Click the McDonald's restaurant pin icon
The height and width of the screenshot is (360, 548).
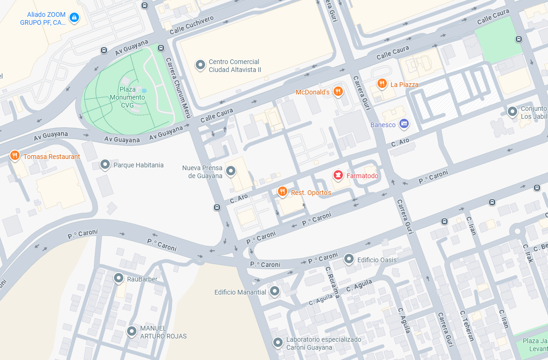pyautogui.click(x=339, y=91)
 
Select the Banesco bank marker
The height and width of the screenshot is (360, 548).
pyautogui.click(x=404, y=124)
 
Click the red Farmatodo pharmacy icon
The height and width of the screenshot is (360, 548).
pyautogui.click(x=337, y=175)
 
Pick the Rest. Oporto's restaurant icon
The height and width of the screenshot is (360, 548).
pyautogui.click(x=282, y=191)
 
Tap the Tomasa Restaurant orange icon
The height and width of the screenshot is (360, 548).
pyautogui.click(x=15, y=155)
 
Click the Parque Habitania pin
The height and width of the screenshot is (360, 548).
pyautogui.click(x=105, y=164)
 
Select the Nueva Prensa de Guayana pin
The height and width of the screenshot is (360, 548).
pyautogui.click(x=231, y=171)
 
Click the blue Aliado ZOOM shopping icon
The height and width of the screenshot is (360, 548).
pyautogui.click(x=74, y=18)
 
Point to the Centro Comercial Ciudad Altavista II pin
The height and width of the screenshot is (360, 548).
pyautogui.click(x=200, y=65)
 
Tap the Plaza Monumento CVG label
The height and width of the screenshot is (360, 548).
pyautogui.click(x=127, y=97)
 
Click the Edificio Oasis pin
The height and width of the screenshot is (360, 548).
pyautogui.click(x=349, y=259)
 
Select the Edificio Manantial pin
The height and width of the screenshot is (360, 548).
pyautogui.click(x=275, y=291)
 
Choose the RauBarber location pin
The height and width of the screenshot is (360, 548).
pyautogui.click(x=119, y=278)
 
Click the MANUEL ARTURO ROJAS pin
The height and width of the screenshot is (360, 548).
pyautogui.click(x=132, y=331)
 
